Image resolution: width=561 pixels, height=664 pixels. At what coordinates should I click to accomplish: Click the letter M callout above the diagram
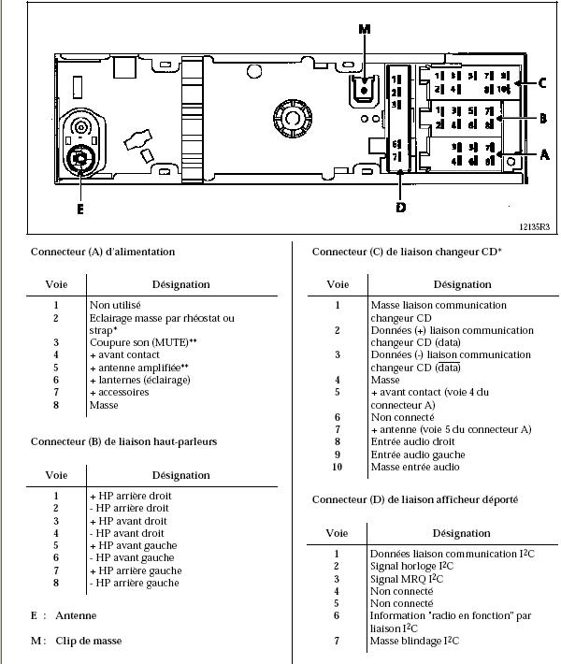click(x=365, y=30)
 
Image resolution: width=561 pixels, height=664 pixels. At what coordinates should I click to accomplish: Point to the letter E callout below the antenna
click(x=80, y=209)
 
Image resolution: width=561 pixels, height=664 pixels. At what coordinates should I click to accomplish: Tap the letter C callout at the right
click(x=541, y=82)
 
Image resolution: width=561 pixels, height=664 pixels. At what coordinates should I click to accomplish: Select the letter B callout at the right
click(x=541, y=119)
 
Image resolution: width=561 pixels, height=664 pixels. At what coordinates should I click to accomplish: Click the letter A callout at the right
click(x=544, y=154)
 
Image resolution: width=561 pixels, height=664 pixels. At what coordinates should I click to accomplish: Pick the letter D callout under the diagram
click(x=400, y=207)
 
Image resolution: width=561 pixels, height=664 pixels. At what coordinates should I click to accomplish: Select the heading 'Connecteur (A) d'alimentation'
click(x=103, y=252)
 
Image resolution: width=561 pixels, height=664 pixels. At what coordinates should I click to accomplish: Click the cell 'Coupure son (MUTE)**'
click(x=143, y=342)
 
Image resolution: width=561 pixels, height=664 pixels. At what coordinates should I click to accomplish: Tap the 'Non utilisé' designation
click(x=115, y=305)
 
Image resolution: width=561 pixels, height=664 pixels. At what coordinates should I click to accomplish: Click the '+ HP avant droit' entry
click(x=128, y=521)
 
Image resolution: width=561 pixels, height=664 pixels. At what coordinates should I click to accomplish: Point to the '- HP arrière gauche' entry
click(x=134, y=583)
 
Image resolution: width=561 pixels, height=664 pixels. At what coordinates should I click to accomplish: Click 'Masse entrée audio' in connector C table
click(x=415, y=467)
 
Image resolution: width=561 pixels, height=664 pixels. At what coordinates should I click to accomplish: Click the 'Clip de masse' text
click(x=89, y=641)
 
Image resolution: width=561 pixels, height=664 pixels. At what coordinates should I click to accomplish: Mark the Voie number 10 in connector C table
click(x=338, y=467)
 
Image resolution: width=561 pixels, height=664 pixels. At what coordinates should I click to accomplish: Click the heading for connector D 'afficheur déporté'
click(x=415, y=500)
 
